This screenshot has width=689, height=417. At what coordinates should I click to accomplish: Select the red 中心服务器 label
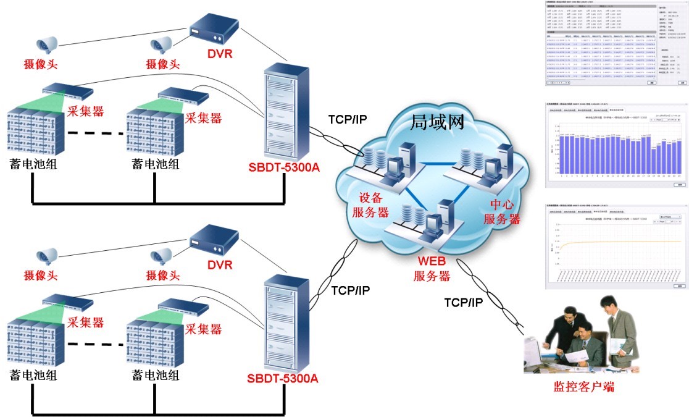[501, 211]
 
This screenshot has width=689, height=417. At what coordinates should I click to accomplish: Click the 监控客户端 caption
[583, 387]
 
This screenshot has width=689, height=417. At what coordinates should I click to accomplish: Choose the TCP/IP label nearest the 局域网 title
[347, 119]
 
